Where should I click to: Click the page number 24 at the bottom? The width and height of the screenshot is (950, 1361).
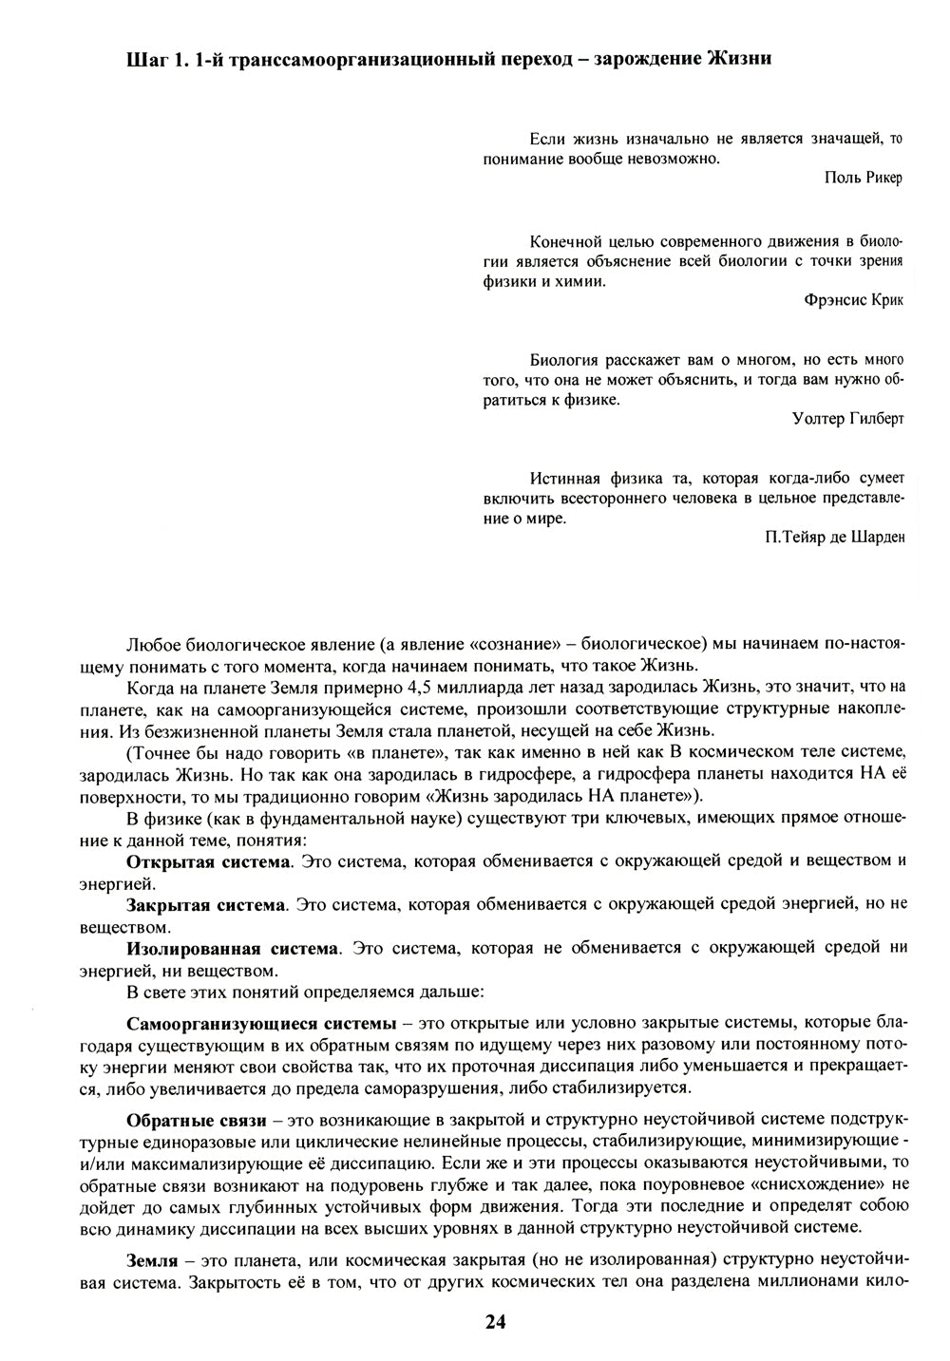tap(495, 1321)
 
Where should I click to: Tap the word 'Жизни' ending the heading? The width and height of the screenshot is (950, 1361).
tap(739, 60)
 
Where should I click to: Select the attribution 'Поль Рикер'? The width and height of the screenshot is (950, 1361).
tap(864, 178)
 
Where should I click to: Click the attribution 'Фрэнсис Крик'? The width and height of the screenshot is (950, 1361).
tap(853, 300)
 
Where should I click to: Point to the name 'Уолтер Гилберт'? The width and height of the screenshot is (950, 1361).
tap(847, 419)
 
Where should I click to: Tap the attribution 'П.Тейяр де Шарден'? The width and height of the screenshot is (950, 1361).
tap(834, 538)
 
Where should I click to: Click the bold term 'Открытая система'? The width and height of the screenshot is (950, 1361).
tap(208, 860)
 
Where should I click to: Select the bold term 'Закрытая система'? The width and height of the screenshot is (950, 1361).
tap(206, 904)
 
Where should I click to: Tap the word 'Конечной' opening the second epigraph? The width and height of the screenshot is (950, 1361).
tap(564, 240)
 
